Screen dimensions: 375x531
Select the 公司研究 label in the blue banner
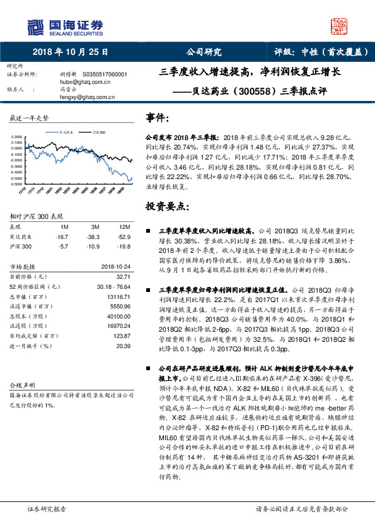pyautogui.click(x=204, y=52)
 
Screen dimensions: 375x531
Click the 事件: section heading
pyautogui.click(x=158, y=118)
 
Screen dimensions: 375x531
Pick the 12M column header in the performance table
pyautogui.click(x=124, y=226)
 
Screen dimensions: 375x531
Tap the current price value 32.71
pyautogui.click(x=124, y=276)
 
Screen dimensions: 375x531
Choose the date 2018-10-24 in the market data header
pyautogui.click(x=115, y=266)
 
